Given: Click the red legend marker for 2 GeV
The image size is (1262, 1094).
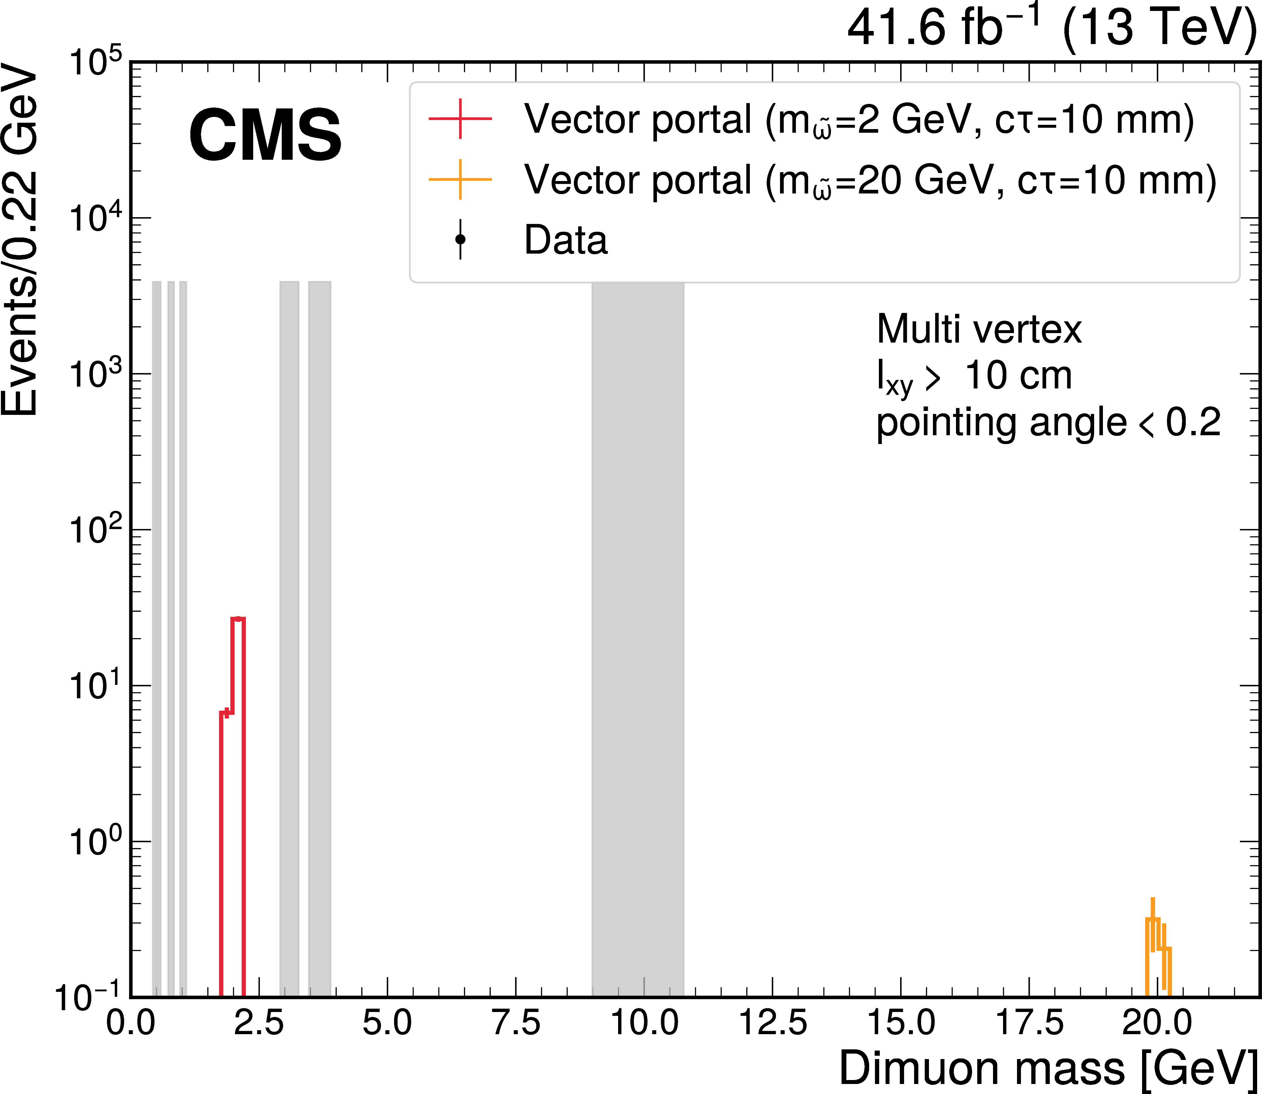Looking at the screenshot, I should click(460, 118).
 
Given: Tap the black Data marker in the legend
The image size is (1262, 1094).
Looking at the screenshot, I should click(460, 239).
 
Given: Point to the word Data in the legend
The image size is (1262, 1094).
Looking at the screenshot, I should click(566, 240).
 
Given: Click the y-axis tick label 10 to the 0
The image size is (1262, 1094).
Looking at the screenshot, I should click(95, 841).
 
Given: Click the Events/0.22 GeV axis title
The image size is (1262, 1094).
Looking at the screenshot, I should click(19, 241).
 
